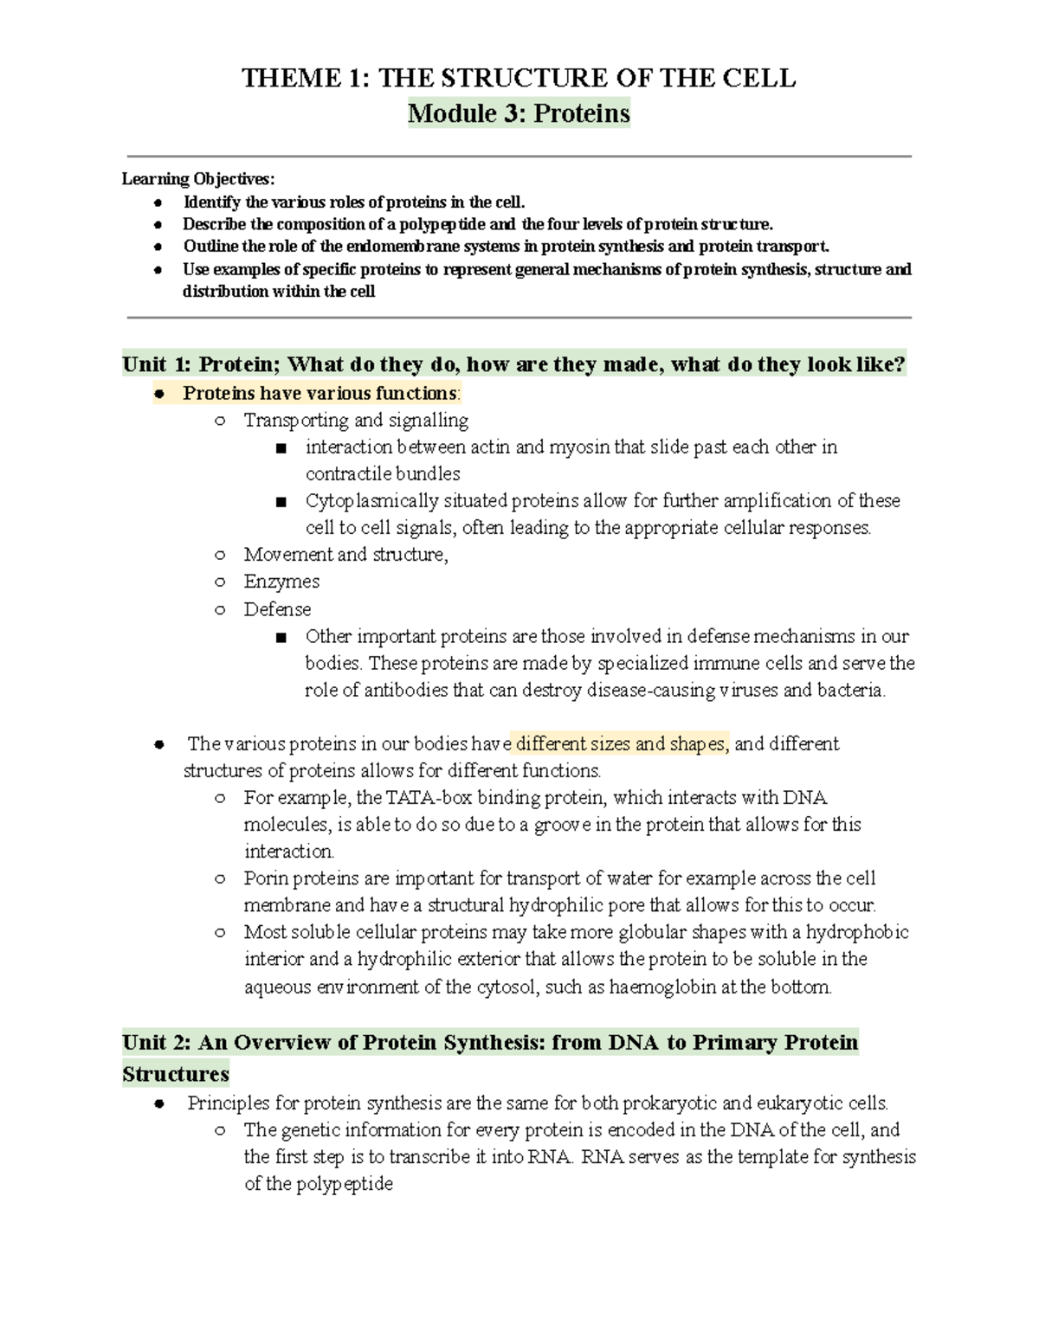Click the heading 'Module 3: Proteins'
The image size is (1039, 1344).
click(x=519, y=113)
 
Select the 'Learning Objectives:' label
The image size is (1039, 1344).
click(x=197, y=179)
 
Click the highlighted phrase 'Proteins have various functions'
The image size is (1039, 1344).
click(x=319, y=394)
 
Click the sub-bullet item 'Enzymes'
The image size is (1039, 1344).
click(x=281, y=582)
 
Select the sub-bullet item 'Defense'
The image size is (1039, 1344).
click(x=277, y=609)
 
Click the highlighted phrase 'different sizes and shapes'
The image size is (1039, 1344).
click(x=622, y=744)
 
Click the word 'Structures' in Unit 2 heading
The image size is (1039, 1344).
click(x=176, y=1075)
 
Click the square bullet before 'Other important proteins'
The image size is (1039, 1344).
click(x=280, y=638)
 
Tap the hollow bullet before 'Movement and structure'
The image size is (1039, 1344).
click(x=220, y=555)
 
